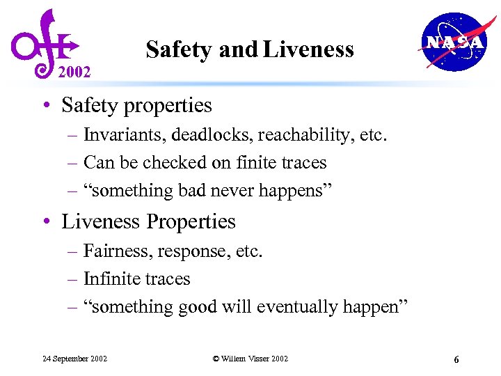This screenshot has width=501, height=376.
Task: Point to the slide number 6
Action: tap(456, 359)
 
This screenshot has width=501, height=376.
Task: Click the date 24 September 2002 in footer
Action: tap(74, 359)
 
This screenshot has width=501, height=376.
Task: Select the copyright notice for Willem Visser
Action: tap(250, 359)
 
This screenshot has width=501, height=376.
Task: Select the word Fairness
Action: tap(116, 250)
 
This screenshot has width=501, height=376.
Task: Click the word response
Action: tap(193, 251)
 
